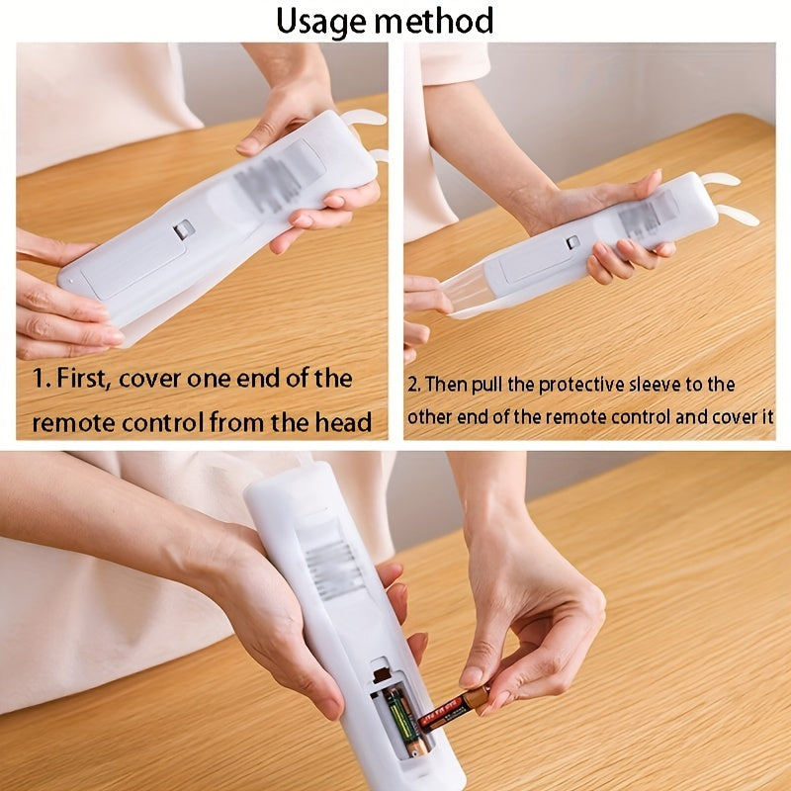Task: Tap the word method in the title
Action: click(438, 20)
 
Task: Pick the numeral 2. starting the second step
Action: click(413, 386)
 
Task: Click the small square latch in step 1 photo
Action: click(183, 229)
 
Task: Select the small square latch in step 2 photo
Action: click(571, 242)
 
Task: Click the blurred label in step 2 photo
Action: click(649, 213)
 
